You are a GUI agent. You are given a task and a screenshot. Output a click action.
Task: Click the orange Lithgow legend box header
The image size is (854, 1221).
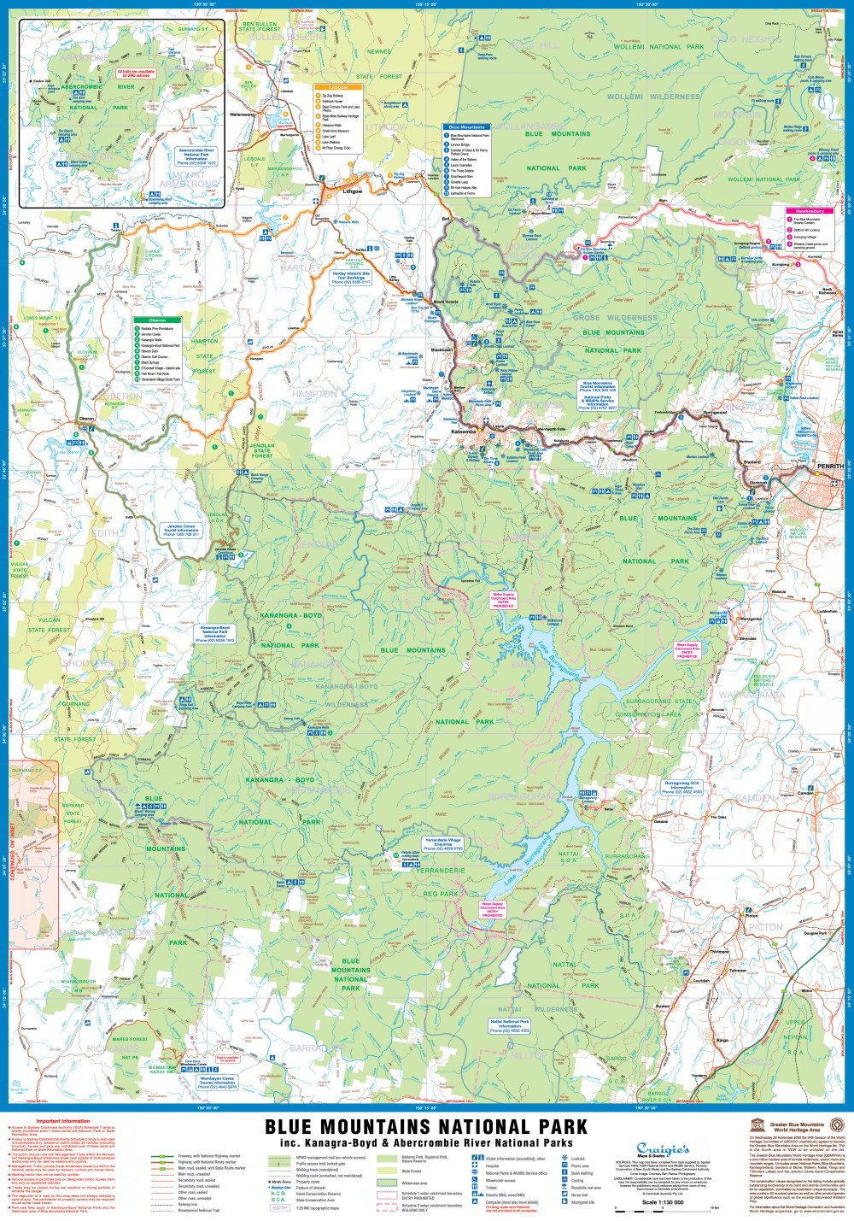(338, 87)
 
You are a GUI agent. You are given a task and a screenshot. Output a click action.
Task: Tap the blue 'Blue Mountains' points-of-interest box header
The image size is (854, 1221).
(466, 127)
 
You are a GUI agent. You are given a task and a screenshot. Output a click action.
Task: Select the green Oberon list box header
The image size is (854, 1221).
(157, 320)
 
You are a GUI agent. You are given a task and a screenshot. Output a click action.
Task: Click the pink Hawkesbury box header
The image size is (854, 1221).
(810, 211)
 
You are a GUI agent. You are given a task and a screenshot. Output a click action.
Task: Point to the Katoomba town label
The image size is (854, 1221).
(463, 432)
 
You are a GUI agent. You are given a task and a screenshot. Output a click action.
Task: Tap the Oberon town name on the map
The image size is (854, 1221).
(86, 419)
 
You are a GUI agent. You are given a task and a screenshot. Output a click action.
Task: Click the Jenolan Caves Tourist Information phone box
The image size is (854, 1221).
(181, 531)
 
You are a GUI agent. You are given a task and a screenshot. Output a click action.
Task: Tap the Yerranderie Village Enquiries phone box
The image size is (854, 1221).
(443, 844)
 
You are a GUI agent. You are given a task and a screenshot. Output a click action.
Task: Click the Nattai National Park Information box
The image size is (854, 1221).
(510, 1025)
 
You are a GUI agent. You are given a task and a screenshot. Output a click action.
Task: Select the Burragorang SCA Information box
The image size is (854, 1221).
(681, 787)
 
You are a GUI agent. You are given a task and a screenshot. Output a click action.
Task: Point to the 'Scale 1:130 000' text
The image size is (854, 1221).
(663, 1202)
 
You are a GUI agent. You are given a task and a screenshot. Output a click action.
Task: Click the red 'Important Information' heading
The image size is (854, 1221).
(63, 1121)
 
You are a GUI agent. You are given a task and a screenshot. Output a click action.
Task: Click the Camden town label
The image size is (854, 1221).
(804, 793)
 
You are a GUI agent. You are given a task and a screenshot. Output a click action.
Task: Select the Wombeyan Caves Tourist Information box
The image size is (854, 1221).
(217, 1083)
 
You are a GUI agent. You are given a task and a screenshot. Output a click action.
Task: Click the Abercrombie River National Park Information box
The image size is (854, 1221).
(196, 156)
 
